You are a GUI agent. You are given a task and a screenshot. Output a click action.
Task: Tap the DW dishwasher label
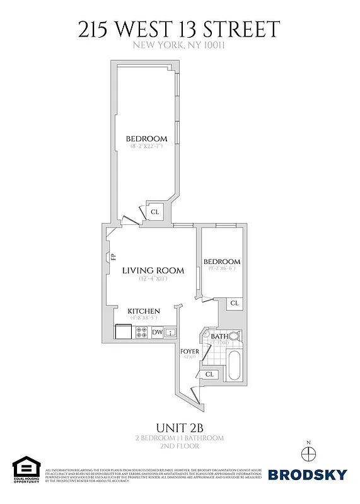(157, 332)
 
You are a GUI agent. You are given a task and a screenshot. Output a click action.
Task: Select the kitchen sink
(170, 332)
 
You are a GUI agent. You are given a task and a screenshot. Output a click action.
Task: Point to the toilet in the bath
(233, 336)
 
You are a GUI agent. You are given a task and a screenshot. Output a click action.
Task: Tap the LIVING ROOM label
(153, 270)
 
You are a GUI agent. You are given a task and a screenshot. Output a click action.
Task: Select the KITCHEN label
(144, 311)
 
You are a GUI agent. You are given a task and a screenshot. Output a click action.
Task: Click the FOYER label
(190, 351)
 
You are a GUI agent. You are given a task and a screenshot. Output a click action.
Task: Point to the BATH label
(219, 336)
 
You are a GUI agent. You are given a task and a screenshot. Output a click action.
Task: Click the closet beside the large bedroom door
(154, 212)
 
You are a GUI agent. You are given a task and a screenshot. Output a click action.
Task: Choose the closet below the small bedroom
(234, 303)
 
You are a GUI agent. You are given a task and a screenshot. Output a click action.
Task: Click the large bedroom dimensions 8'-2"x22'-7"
(146, 146)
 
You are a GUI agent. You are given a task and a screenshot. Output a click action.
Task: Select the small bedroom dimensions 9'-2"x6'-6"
(221, 269)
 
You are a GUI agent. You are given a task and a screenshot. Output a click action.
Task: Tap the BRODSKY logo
(307, 474)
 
